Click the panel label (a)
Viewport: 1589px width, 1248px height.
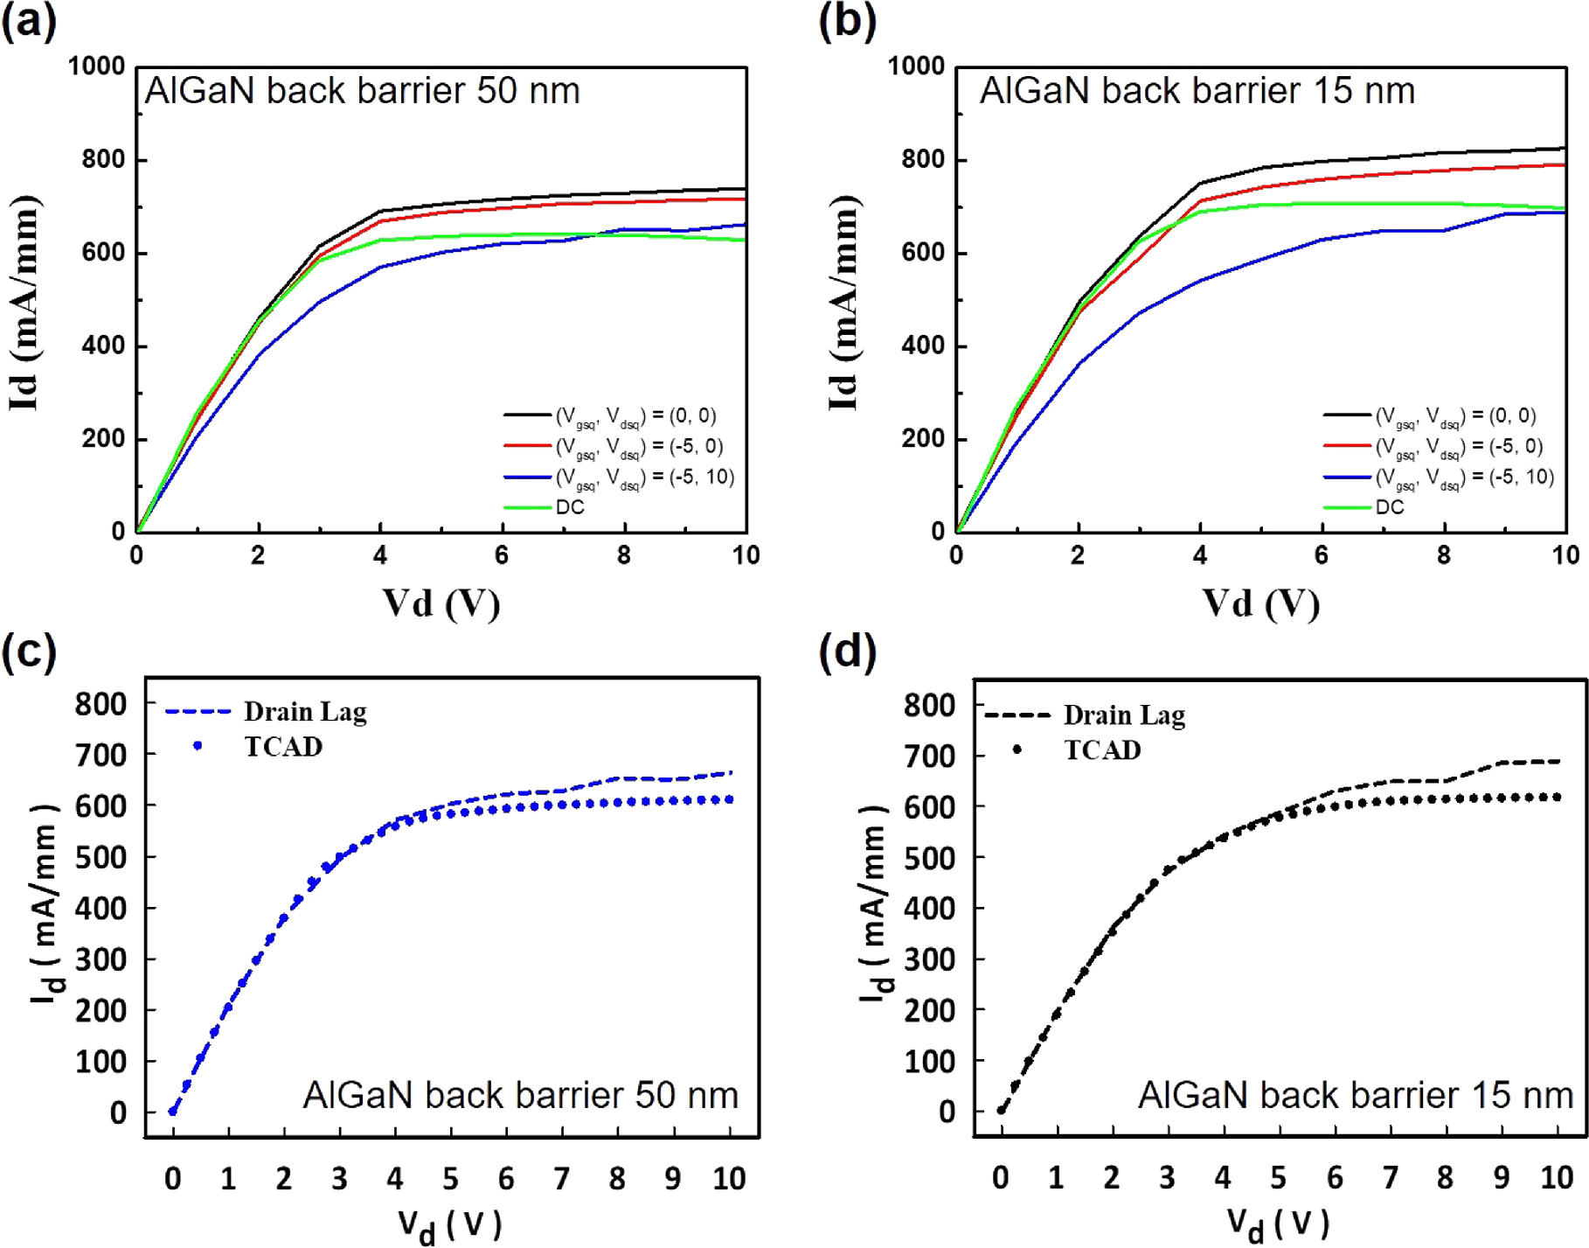28,21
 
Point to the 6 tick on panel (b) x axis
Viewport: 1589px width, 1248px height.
1321,555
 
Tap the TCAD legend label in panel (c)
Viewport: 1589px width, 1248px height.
283,747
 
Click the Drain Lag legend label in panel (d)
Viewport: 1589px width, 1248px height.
1124,715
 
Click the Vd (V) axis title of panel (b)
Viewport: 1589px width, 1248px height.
1259,603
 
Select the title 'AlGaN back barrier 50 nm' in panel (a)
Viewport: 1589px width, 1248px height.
362,91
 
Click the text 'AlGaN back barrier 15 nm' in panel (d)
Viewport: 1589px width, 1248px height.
1355,1095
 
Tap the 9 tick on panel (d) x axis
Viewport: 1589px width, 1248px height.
1502,1178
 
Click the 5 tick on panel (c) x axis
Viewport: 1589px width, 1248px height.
450,1179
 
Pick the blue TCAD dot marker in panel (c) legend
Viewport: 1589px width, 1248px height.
198,746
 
